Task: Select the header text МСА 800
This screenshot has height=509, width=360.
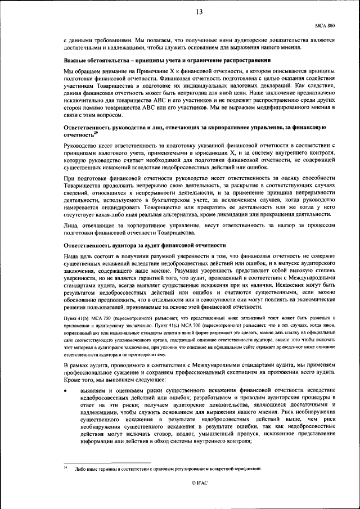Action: click(x=325, y=25)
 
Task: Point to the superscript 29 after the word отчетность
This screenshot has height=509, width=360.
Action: click(x=96, y=133)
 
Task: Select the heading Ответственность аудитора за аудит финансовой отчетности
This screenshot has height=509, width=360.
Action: click(x=145, y=245)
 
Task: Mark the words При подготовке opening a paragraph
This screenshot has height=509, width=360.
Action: click(x=83, y=178)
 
